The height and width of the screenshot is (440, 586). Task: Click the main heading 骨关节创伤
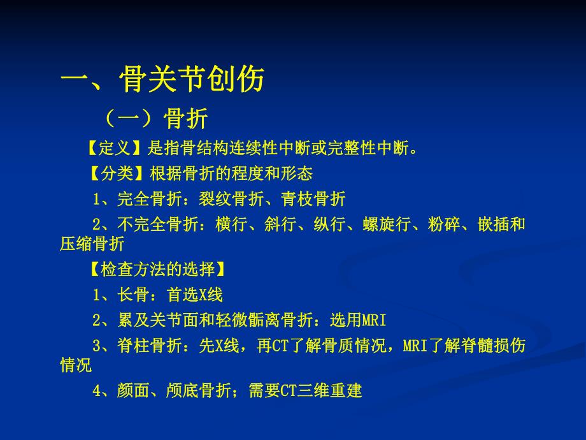[191, 82]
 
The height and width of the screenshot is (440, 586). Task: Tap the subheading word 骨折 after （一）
[186, 118]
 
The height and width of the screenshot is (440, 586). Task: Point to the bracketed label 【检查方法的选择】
[157, 270]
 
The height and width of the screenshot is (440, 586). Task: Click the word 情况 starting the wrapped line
[76, 365]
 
